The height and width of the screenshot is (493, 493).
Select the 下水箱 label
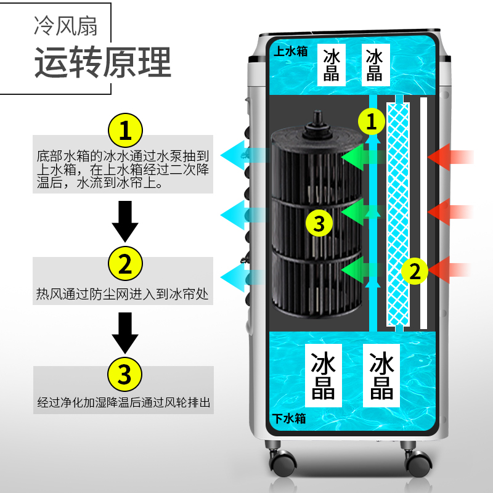[x=289, y=418]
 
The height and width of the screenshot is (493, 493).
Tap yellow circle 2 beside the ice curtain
[x=415, y=271]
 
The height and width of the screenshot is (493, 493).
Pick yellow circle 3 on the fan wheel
[x=319, y=222]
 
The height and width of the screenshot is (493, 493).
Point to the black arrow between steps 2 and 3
[x=125, y=333]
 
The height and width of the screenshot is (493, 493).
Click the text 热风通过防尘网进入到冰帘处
[x=123, y=295]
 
